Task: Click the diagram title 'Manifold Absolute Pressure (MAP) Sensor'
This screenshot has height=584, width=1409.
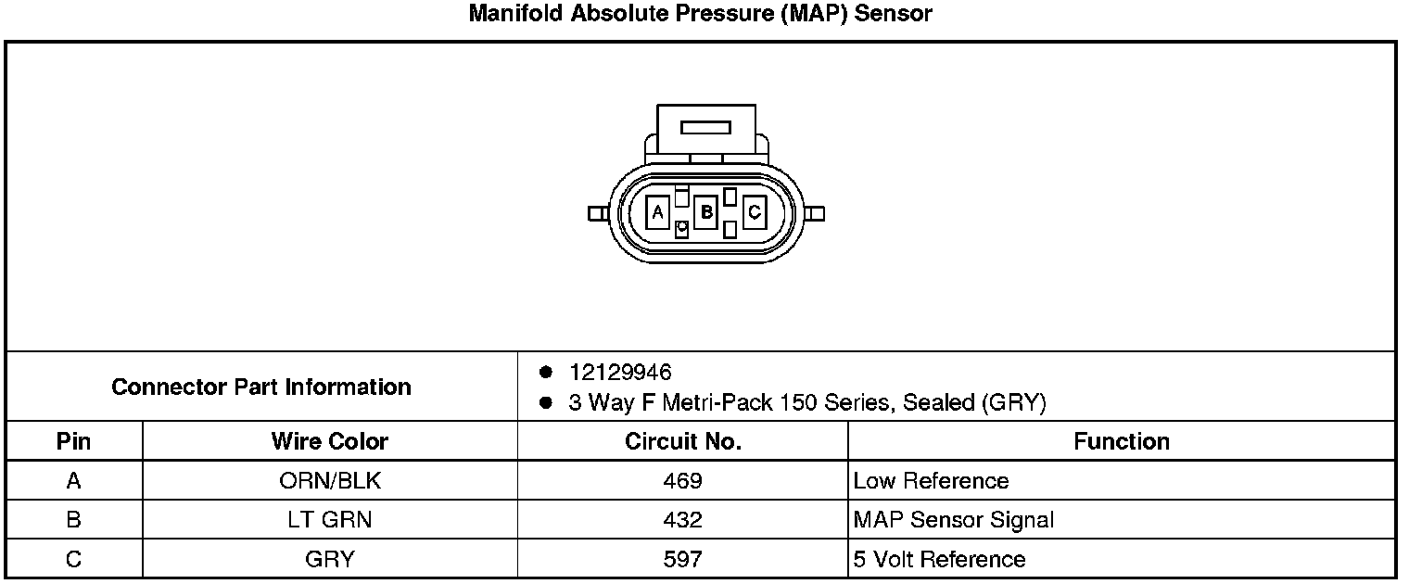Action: pyautogui.click(x=700, y=13)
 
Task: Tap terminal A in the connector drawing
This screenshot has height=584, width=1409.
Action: pyautogui.click(x=658, y=212)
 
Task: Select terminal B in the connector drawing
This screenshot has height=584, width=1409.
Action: pyautogui.click(x=705, y=212)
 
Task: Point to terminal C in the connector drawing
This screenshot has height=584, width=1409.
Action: pyautogui.click(x=755, y=212)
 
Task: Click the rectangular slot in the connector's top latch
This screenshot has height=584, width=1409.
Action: pyautogui.click(x=705, y=128)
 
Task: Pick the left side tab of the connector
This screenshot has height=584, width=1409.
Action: pyautogui.click(x=598, y=214)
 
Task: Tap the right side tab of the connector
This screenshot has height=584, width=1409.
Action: pyautogui.click(x=814, y=214)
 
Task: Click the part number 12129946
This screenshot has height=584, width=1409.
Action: pyautogui.click(x=620, y=373)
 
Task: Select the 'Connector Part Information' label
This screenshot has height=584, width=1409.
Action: pyautogui.click(x=261, y=387)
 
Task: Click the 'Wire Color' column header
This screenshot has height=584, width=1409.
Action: pyautogui.click(x=330, y=441)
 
